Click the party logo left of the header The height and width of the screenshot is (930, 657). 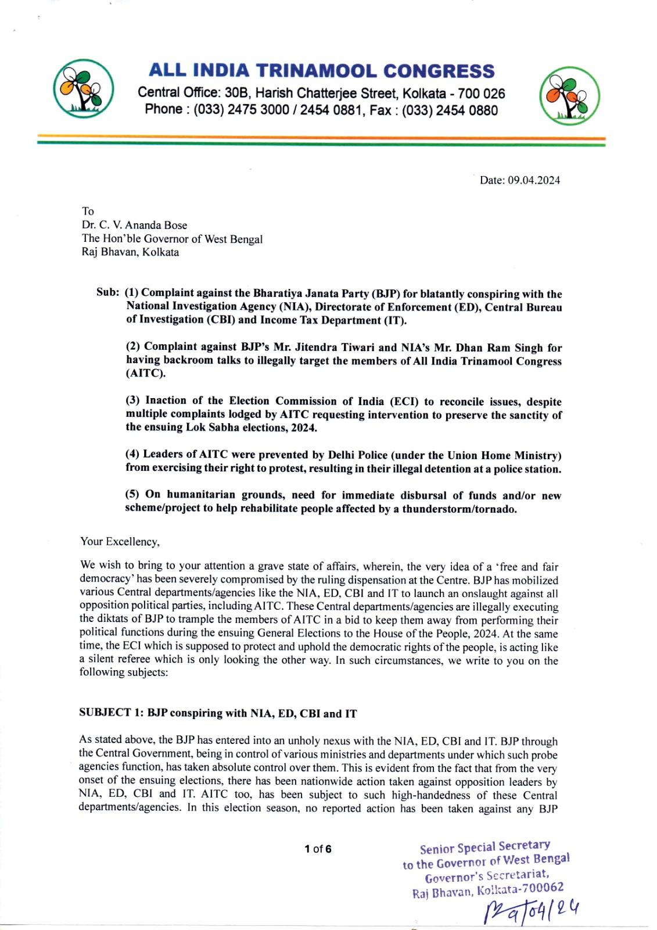coord(83,89)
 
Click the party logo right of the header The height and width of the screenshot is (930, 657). coord(569,96)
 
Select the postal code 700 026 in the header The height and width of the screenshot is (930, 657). coord(481,94)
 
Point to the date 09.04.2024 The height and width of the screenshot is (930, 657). coord(534,180)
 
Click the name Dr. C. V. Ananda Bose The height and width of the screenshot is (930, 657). coord(134,225)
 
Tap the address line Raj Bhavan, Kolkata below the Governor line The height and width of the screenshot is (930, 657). coord(130,252)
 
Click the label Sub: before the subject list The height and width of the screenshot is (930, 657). coord(107,292)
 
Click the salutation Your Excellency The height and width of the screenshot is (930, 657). coord(120,542)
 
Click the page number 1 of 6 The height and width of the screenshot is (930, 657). coord(318,849)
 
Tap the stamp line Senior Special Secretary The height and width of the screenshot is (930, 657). coord(484,847)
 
